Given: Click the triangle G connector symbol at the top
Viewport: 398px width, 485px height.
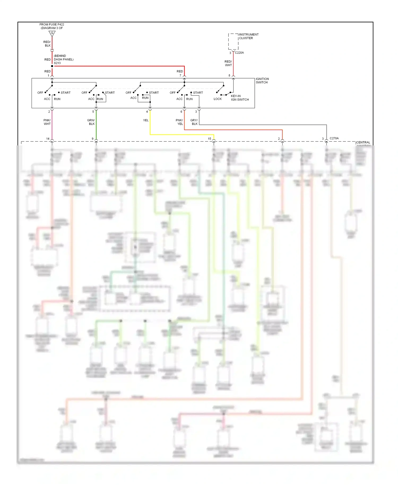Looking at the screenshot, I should (x=52, y=33).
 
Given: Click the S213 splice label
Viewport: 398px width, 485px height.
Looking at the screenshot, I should (x=57, y=63).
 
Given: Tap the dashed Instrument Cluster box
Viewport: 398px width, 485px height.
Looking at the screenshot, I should (x=233, y=41).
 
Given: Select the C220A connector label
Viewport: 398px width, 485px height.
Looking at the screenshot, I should (x=239, y=53).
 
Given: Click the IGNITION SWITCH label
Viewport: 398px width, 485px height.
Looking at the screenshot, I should (x=262, y=81).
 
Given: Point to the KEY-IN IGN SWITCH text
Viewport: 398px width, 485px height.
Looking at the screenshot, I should (x=240, y=98).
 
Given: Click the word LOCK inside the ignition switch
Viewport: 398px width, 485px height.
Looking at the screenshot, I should (x=218, y=99).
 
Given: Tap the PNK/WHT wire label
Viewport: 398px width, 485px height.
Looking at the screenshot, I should (x=47, y=122).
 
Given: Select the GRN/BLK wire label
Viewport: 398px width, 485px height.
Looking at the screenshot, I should (x=91, y=122).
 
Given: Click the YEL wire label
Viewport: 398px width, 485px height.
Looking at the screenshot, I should (x=146, y=120).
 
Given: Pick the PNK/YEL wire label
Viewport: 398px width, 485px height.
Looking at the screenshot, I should (x=179, y=122).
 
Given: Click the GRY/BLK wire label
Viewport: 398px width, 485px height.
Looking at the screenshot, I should (x=194, y=122).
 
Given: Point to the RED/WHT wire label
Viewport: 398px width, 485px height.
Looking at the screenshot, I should (x=228, y=63).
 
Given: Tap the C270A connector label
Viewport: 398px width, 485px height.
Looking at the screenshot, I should (x=334, y=138).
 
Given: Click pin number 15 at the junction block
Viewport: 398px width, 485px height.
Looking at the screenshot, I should (x=209, y=139).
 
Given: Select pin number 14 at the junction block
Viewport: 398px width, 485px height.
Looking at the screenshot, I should (x=48, y=139).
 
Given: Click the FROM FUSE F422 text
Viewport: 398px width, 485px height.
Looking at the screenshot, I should (x=52, y=24).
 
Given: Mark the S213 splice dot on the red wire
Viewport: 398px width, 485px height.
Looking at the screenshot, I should (x=52, y=66).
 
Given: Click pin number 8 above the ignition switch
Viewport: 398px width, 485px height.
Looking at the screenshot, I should (x=230, y=76).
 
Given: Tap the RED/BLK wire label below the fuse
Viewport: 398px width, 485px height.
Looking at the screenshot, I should (x=47, y=44).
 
